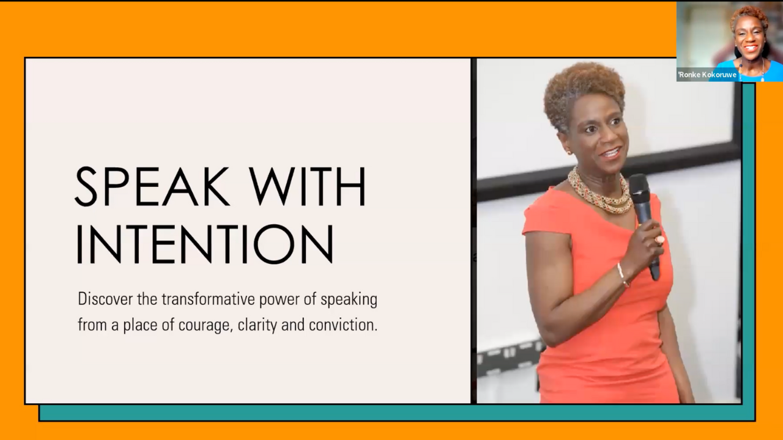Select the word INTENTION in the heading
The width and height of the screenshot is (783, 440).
coord(205,244)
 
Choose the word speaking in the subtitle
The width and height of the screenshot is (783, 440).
coord(349,300)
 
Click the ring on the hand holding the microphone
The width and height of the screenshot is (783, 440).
coord(659,240)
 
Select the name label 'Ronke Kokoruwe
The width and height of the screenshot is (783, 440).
coord(707,75)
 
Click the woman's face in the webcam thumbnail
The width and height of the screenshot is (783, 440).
coord(749,37)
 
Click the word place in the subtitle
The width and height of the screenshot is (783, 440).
coord(140,325)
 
